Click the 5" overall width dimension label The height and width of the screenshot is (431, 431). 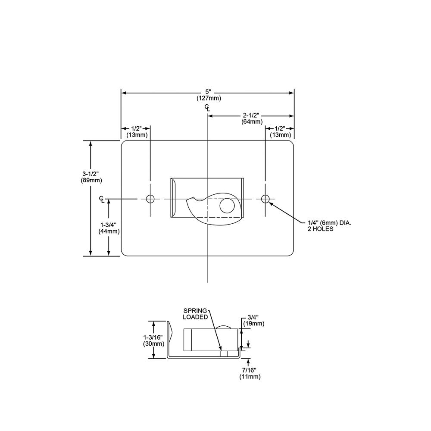pos(208,92)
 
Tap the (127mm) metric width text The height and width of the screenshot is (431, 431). pos(209,98)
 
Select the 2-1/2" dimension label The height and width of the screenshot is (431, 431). pos(251,116)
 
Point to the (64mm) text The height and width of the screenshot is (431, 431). pos(252,122)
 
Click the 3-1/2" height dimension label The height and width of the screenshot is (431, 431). pos(91,174)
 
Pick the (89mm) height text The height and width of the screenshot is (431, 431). pos(91,180)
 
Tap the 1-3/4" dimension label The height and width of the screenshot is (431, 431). pos(108,225)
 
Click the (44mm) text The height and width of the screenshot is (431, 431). pos(109,231)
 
